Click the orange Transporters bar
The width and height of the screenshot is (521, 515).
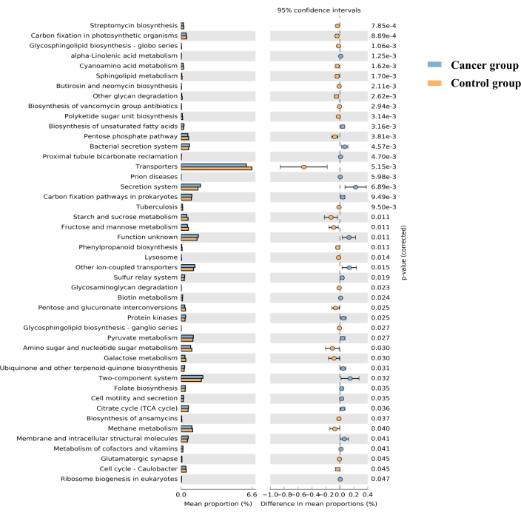coord(216,169)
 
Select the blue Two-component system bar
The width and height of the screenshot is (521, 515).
coord(192,376)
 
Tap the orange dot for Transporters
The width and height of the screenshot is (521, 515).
coord(304,166)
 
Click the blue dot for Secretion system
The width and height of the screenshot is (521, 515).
coord(355,187)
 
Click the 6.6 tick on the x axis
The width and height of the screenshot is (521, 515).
coord(251,495)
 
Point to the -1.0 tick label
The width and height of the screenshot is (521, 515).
coord(269,495)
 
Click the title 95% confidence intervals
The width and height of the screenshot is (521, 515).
coord(319,10)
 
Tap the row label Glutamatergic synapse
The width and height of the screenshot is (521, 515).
coord(139,459)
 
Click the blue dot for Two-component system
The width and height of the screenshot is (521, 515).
coord(350,378)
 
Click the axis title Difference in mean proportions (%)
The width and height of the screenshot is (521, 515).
coord(319,505)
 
